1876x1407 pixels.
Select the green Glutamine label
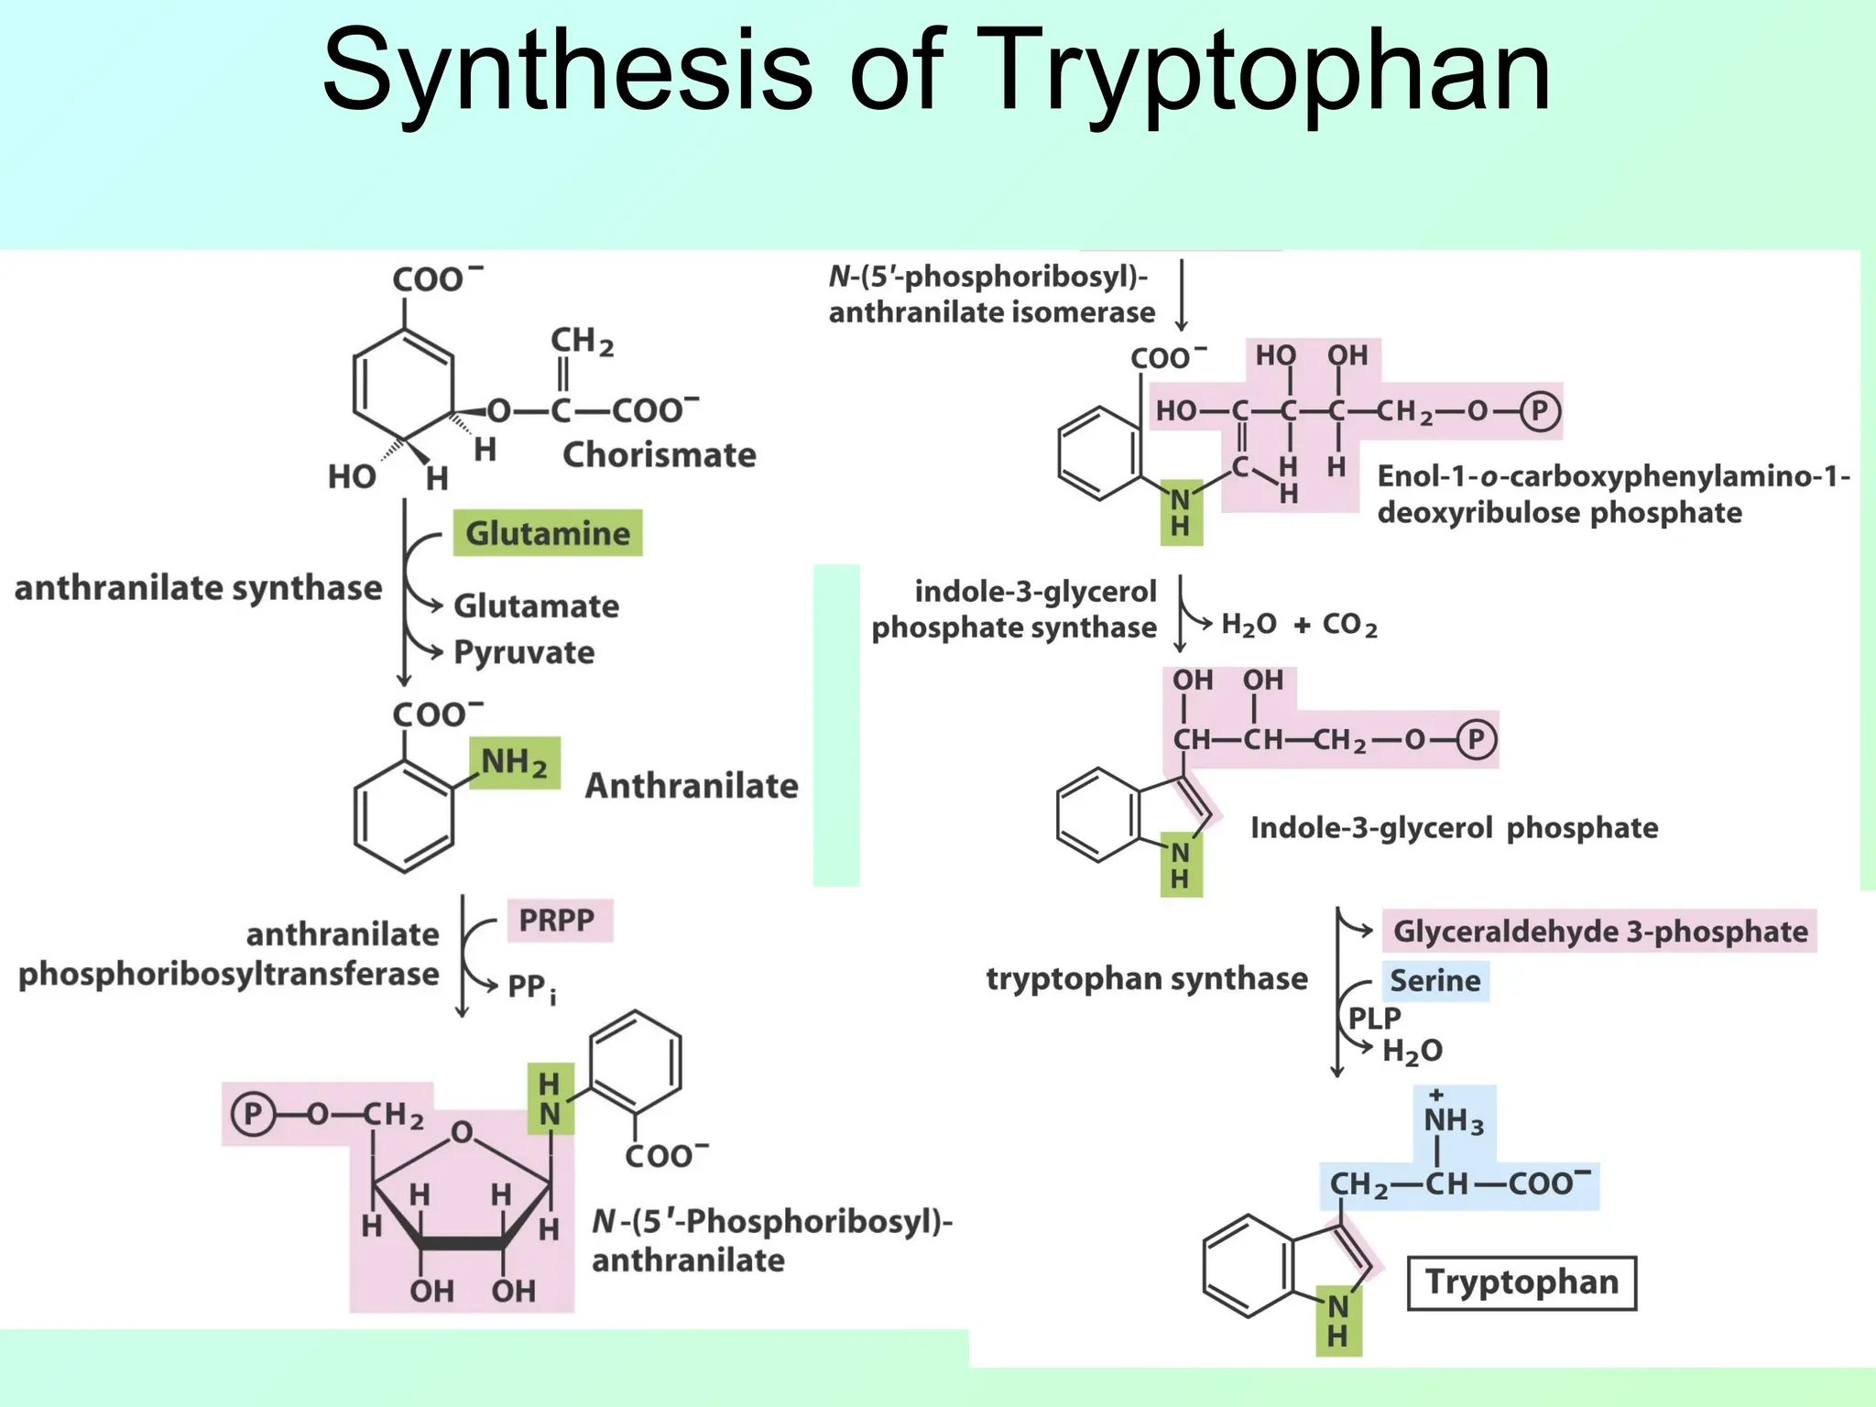548,533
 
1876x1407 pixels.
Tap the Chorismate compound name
659,455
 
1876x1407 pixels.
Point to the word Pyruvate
524,652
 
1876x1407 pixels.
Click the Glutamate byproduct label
536,605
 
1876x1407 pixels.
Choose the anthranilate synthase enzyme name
198,588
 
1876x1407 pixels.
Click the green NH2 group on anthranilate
514,763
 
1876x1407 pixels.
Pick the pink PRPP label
557,920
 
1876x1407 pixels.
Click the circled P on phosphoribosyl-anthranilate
253,1114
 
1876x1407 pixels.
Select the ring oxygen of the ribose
463,1133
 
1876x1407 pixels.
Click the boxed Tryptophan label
1522,1282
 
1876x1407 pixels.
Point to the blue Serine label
1435,981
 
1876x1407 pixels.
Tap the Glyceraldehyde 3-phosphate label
1600,932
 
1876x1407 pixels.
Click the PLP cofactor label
1374,1018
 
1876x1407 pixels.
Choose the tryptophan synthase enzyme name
1147,979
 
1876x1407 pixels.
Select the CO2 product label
1349,625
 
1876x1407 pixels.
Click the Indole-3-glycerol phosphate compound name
1454,828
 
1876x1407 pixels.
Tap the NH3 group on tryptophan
1453,1119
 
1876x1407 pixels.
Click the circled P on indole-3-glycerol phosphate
1476,739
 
